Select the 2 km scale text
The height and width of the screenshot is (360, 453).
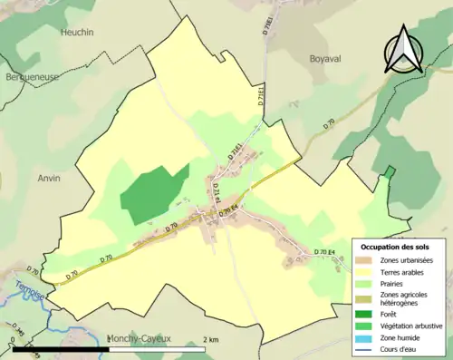click(x=210, y=338)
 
